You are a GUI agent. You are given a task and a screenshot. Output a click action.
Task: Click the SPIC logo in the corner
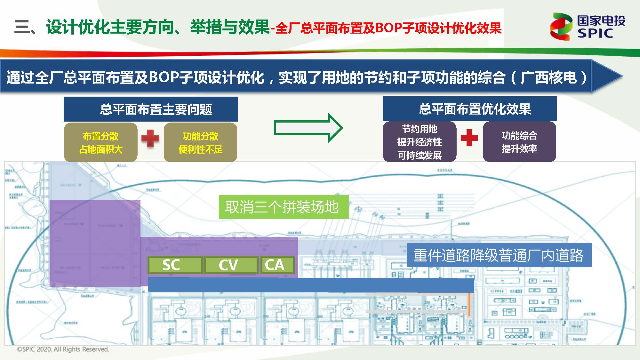click(x=588, y=26)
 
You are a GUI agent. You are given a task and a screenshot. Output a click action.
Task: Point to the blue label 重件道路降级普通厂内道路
click(x=499, y=255)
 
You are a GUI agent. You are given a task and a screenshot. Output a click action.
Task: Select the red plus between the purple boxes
click(x=469, y=138)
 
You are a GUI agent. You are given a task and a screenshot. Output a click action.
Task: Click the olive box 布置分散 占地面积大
click(x=101, y=142)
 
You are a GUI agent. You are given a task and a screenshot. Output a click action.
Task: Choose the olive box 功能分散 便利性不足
click(x=200, y=142)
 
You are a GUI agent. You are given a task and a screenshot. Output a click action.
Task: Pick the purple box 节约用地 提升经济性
click(x=420, y=142)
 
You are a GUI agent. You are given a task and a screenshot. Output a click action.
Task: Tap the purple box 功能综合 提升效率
click(x=519, y=142)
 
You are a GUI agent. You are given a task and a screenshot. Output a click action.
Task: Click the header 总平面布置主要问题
click(x=151, y=109)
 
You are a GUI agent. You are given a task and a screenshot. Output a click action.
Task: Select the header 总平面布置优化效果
click(x=470, y=109)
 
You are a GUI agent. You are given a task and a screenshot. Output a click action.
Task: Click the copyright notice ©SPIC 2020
click(x=63, y=349)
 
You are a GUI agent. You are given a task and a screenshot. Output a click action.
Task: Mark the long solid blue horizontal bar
click(x=311, y=285)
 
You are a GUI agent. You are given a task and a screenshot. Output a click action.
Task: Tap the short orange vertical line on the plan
click(x=469, y=304)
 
